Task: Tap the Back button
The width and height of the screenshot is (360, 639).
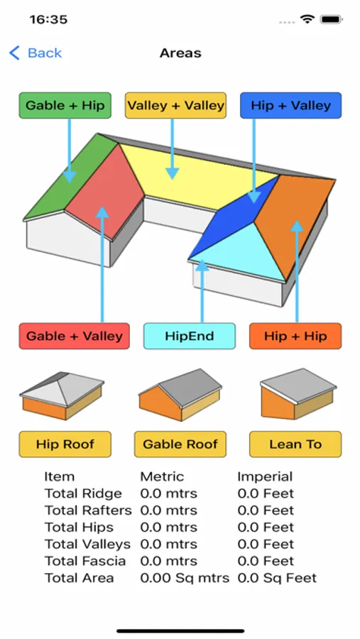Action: click(x=36, y=53)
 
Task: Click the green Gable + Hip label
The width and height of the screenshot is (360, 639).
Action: click(x=65, y=106)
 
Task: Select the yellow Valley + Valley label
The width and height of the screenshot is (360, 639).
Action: click(x=175, y=106)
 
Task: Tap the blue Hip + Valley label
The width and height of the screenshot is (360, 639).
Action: click(x=290, y=106)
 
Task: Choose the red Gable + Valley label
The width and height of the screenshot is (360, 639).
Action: click(x=75, y=337)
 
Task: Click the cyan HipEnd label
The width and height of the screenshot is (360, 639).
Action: click(x=190, y=337)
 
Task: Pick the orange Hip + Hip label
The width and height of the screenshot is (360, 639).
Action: click(x=295, y=337)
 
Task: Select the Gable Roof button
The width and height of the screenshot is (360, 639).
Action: click(x=180, y=444)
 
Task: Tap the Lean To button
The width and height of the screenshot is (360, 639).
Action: click(x=295, y=444)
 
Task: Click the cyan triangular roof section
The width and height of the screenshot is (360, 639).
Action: click(x=241, y=253)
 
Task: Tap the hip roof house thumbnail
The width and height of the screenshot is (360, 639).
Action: click(x=62, y=395)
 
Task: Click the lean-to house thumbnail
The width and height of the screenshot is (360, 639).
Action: click(x=298, y=394)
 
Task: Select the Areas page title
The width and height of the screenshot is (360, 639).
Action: click(x=180, y=53)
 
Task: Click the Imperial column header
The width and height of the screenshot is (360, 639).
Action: click(x=265, y=476)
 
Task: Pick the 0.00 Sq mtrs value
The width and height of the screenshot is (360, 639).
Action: click(x=185, y=578)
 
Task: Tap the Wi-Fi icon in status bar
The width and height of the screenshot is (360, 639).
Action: click(x=307, y=19)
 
